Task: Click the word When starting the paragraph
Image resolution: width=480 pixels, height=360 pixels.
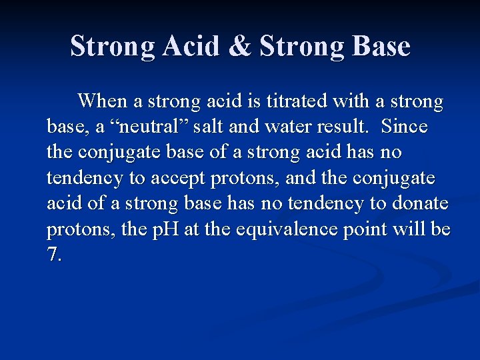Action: [103, 101]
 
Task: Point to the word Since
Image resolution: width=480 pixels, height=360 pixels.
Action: [405, 127]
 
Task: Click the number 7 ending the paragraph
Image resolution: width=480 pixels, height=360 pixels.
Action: [53, 254]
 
